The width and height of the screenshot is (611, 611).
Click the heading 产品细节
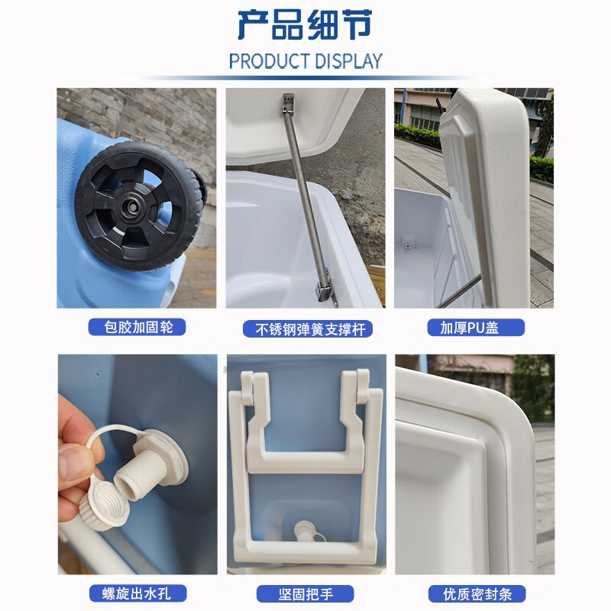pyautogui.click(x=305, y=25)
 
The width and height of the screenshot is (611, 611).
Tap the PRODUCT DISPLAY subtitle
pyautogui.click(x=305, y=61)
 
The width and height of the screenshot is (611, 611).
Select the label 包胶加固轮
pyautogui.click(x=137, y=328)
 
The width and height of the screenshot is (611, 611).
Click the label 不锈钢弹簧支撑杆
pyautogui.click(x=305, y=328)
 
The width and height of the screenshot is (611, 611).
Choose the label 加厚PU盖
pyautogui.click(x=474, y=328)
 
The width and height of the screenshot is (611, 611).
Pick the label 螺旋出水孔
pyautogui.click(x=137, y=593)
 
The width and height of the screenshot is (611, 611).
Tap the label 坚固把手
pyautogui.click(x=305, y=593)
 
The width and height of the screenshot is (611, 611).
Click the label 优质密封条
pyautogui.click(x=474, y=593)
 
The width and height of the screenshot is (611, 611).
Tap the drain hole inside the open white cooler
pyautogui.click(x=407, y=247)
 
